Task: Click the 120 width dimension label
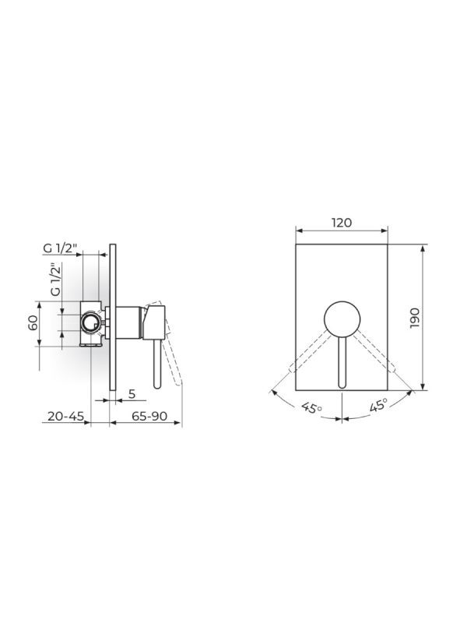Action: click(x=342, y=222)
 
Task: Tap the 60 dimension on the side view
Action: click(x=33, y=323)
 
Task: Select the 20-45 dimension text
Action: click(x=65, y=417)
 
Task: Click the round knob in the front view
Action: click(x=342, y=318)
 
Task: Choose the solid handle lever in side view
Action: click(x=158, y=362)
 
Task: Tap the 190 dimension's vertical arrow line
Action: click(x=423, y=318)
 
